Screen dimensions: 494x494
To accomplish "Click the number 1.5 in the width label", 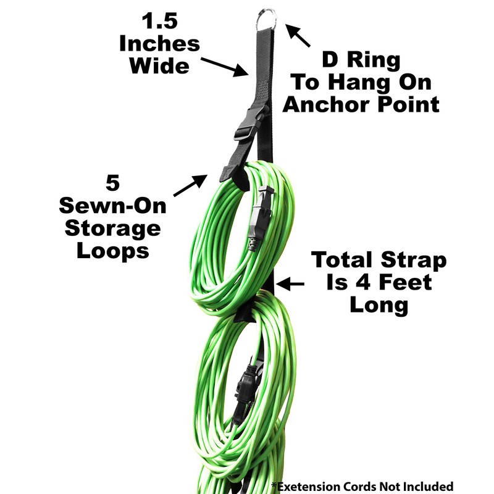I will [159, 21].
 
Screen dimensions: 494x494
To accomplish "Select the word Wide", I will [159, 65].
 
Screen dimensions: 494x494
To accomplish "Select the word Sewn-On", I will [112, 207].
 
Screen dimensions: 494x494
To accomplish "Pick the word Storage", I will [112, 228].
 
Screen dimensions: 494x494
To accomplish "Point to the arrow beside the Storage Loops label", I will [190, 186].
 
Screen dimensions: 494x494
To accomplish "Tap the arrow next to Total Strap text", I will [290, 284].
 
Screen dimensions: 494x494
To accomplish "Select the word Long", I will [379, 304].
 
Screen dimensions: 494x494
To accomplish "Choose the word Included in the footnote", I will [426, 486].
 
